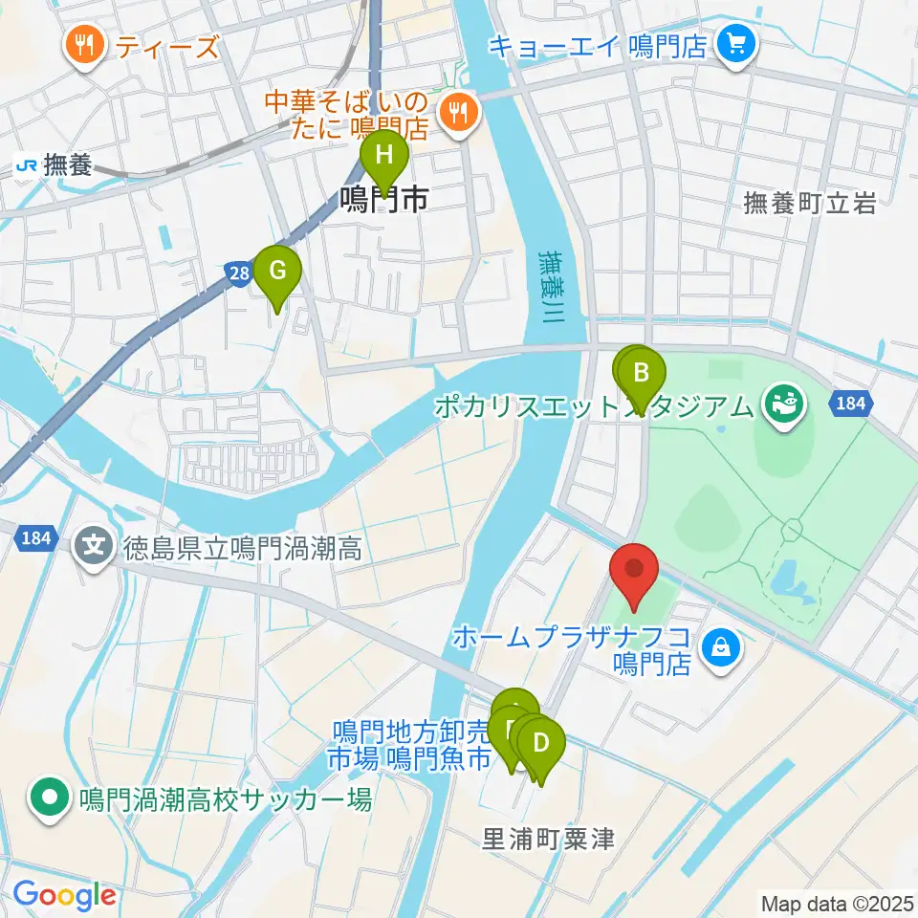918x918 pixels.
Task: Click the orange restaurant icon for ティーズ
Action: [86, 45]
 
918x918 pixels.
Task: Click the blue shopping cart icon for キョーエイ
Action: [737, 43]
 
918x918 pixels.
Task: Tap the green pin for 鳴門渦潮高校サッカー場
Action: [47, 798]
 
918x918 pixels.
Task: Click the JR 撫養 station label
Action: [54, 165]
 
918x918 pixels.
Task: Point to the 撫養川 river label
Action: [551, 287]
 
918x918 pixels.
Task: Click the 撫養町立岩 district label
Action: [809, 203]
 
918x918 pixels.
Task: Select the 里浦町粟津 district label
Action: [548, 839]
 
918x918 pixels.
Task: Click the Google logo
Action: [64, 895]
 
